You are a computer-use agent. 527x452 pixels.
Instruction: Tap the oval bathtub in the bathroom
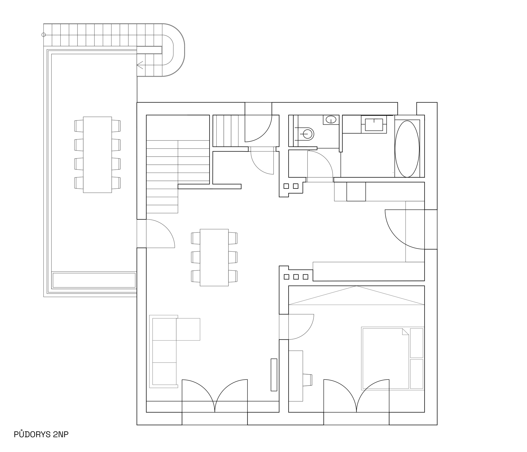[x=407, y=149]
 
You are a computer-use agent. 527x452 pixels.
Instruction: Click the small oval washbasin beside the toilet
[x=331, y=120]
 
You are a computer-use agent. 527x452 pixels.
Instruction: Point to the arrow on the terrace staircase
[x=140, y=65]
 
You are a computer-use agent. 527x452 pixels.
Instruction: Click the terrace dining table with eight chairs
[x=97, y=155]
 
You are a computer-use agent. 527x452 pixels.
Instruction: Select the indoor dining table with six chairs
[x=214, y=257]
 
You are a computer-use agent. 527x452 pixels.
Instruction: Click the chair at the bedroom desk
[x=308, y=380]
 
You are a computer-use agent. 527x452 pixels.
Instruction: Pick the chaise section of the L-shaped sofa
[x=188, y=329]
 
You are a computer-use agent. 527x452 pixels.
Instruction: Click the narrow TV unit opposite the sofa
[x=274, y=375]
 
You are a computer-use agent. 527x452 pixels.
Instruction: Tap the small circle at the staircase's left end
[x=44, y=35]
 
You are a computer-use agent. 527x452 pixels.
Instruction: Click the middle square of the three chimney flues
[x=296, y=277]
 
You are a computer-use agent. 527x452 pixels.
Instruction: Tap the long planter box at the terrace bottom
[x=94, y=280]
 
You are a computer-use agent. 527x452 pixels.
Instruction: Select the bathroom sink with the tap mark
[x=374, y=125]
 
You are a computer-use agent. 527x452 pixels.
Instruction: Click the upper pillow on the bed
[x=417, y=343]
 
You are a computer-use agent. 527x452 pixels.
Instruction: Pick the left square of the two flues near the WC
[x=286, y=186]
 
